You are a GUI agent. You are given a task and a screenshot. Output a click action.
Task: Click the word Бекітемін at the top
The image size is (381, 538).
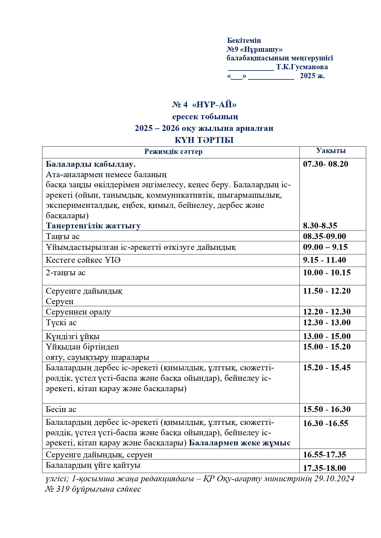point(244,40)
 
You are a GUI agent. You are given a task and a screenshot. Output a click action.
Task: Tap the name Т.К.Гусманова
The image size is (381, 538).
point(302,67)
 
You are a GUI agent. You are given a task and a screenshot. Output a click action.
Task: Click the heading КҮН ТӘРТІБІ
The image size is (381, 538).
point(204,140)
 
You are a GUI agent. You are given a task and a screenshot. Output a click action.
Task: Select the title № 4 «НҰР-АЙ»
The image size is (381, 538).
point(204,105)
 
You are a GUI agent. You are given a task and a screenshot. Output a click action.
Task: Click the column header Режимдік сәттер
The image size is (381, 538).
point(173,151)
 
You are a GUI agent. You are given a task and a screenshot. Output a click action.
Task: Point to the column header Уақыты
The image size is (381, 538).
point(331,151)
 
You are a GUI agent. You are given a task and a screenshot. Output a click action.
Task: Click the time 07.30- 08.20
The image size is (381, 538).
point(325,164)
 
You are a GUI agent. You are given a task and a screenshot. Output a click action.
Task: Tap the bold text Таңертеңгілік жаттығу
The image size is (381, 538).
point(93,226)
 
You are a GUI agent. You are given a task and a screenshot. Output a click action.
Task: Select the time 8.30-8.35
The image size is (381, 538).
point(320,226)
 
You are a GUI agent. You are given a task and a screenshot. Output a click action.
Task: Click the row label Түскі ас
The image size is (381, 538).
point(61,322)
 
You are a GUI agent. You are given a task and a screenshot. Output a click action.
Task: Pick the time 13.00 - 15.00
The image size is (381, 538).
point(327,336)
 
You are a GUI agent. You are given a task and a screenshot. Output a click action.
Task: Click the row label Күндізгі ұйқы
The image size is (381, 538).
point(72,336)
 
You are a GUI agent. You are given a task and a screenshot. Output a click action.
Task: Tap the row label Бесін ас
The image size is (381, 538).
point(61,409)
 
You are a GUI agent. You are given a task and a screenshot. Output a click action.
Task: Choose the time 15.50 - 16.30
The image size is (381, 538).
point(327,409)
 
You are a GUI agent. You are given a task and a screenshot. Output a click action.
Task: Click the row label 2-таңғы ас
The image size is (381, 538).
point(65,273)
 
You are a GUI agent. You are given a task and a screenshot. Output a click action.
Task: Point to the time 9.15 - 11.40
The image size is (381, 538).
point(324,260)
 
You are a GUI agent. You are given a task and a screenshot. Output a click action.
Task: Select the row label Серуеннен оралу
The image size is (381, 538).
point(78,312)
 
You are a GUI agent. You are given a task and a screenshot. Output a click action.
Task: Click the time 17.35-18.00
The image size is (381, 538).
point(324,468)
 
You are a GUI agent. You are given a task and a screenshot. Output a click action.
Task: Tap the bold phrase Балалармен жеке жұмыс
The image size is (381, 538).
point(239,443)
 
